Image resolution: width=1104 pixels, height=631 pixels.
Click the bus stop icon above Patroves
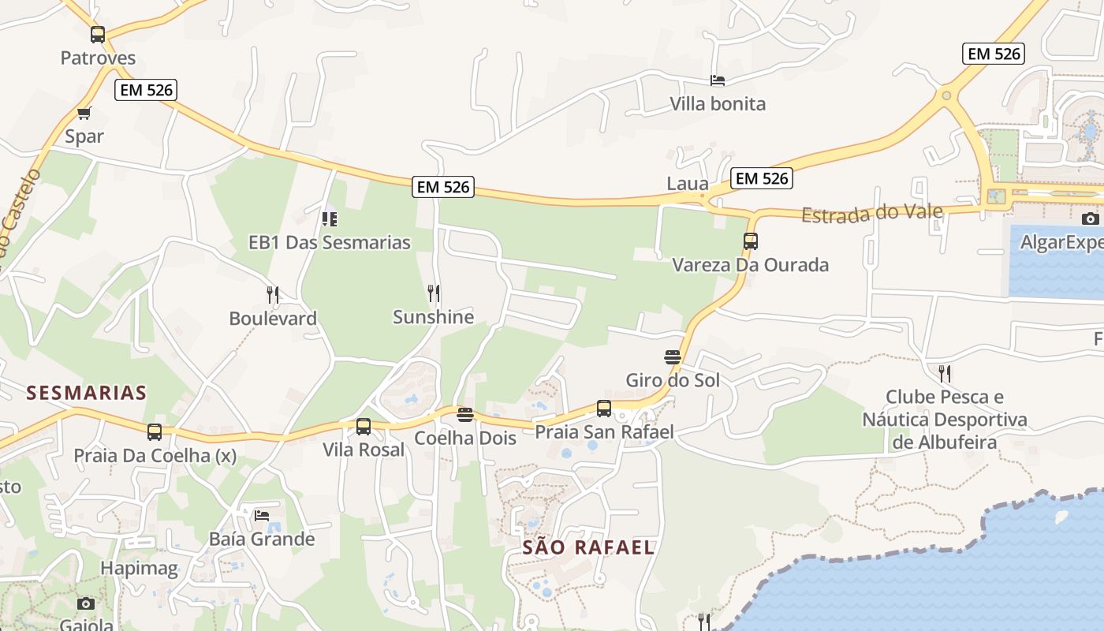click(x=98, y=35)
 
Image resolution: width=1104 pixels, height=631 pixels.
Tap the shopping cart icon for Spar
click(x=84, y=113)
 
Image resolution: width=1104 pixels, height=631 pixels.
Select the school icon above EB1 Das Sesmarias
click(x=330, y=218)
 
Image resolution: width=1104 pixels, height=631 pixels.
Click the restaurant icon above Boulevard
click(x=273, y=295)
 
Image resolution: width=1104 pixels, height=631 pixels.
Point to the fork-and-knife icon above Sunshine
click(x=434, y=293)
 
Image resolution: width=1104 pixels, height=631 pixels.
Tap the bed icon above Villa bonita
click(x=718, y=80)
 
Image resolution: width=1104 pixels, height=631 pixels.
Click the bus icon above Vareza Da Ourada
click(x=751, y=241)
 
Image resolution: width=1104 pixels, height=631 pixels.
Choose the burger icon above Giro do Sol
click(x=673, y=357)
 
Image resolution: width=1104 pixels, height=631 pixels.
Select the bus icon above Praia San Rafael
click(x=604, y=409)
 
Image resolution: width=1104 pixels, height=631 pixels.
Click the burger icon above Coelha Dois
click(x=465, y=414)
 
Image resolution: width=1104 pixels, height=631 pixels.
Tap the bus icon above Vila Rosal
click(x=364, y=427)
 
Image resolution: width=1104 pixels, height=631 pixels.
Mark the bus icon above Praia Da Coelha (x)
click(x=155, y=432)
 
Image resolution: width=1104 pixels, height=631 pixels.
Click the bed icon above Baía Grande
click(x=262, y=516)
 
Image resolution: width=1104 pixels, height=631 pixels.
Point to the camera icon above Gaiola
click(x=86, y=603)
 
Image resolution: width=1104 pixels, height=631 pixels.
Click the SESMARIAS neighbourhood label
click(x=87, y=392)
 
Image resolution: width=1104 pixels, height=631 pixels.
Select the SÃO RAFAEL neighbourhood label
click(x=588, y=547)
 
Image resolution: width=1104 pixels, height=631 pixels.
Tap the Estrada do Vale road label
click(x=872, y=213)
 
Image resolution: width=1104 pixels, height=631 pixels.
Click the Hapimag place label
click(x=139, y=568)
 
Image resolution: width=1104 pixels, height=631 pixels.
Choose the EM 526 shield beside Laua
click(x=761, y=178)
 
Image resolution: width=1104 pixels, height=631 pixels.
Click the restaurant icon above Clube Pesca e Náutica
click(x=944, y=372)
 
